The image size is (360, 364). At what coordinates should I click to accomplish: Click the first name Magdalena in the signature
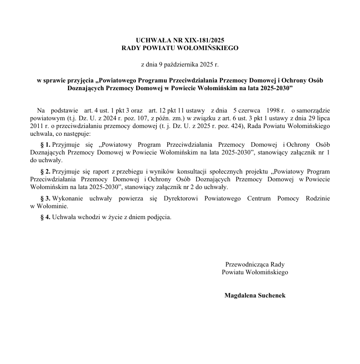(240, 295)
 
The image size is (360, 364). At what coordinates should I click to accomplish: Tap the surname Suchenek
(271, 295)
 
